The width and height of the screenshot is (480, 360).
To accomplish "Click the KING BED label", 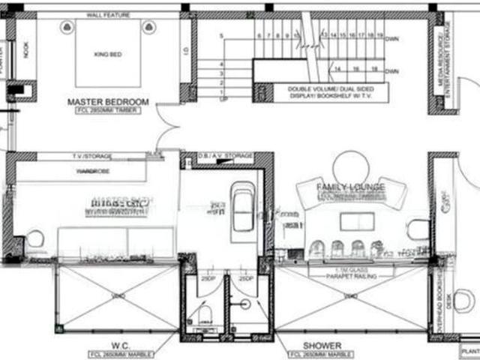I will (x=107, y=55).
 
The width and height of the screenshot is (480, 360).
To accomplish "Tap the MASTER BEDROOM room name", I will (x=108, y=101).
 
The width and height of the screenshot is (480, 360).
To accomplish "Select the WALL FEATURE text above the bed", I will (x=108, y=15).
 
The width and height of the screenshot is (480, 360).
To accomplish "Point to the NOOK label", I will (x=26, y=49).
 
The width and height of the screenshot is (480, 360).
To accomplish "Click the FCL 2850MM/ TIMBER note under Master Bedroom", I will (x=108, y=110).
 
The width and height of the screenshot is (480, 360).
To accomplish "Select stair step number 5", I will (x=222, y=36).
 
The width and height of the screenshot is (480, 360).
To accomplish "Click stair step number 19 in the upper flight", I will (x=381, y=35).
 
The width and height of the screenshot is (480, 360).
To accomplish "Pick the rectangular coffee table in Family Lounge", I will (x=355, y=221).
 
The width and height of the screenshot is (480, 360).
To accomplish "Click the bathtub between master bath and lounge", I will (x=243, y=206).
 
